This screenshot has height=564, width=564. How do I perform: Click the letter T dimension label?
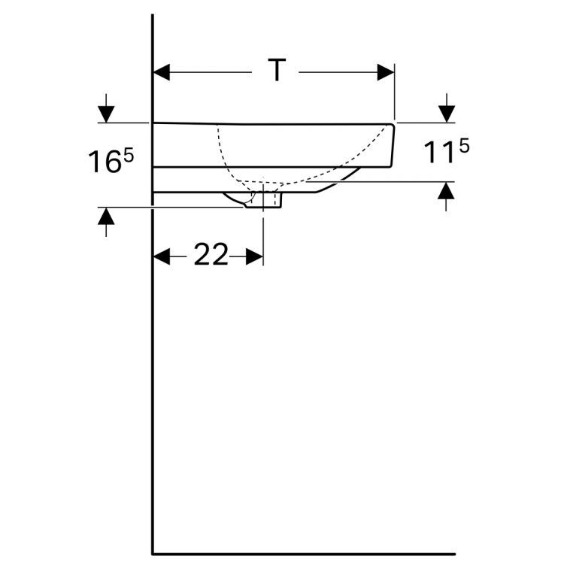tap(277, 71)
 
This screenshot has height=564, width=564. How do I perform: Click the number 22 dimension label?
tap(211, 256)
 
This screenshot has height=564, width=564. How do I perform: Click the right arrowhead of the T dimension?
tap(385, 72)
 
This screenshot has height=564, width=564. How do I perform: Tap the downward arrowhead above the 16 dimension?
tap(106, 113)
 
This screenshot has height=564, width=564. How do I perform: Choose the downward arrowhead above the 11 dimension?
tap(447, 113)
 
